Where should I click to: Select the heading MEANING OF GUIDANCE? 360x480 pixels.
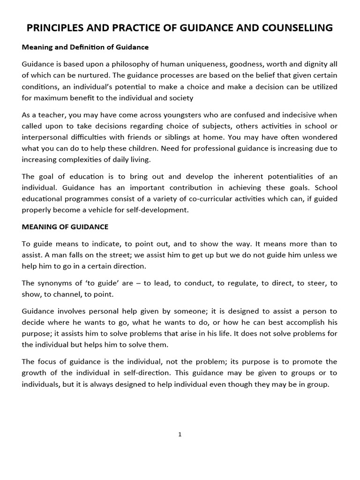(x=65, y=227)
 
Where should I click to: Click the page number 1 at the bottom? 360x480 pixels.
(x=180, y=435)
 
